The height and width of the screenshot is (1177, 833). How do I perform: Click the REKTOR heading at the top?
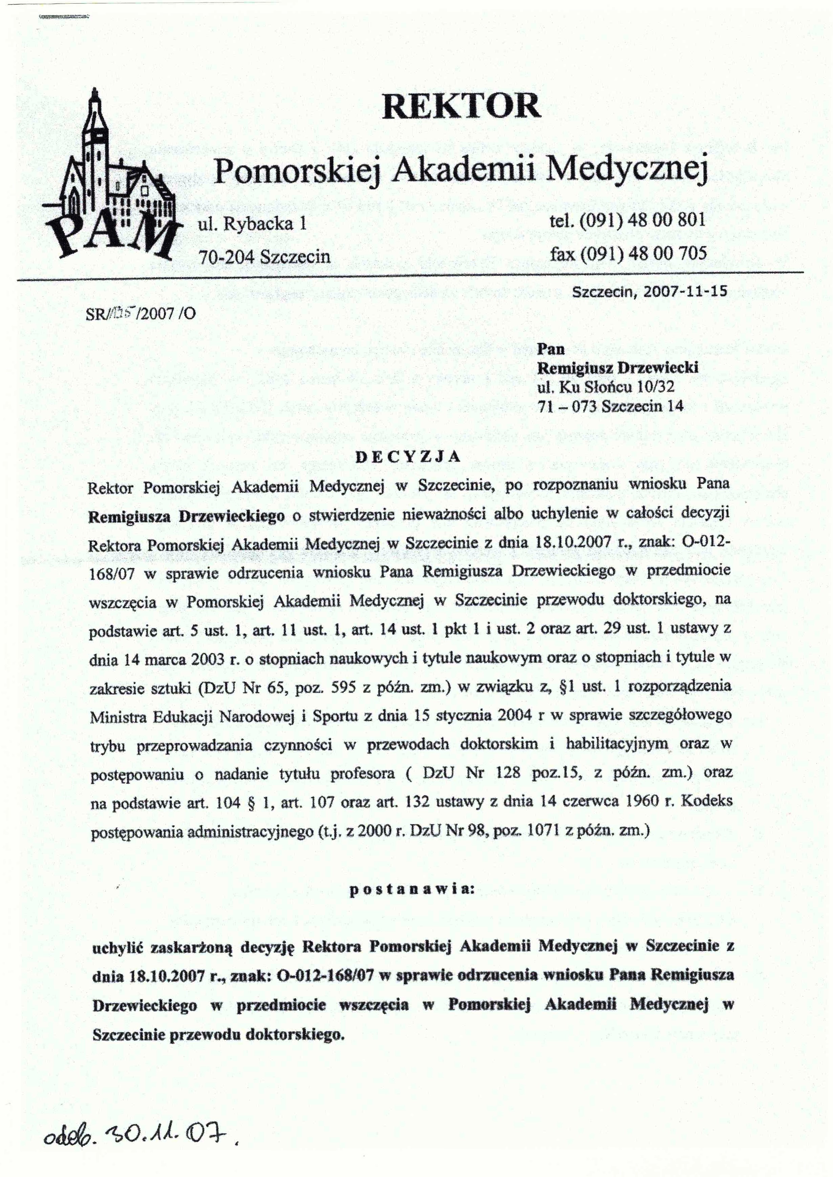coord(462,106)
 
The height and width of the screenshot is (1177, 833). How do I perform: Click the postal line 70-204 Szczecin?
coord(264,256)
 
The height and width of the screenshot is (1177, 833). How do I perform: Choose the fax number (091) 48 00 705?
coord(644,253)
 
